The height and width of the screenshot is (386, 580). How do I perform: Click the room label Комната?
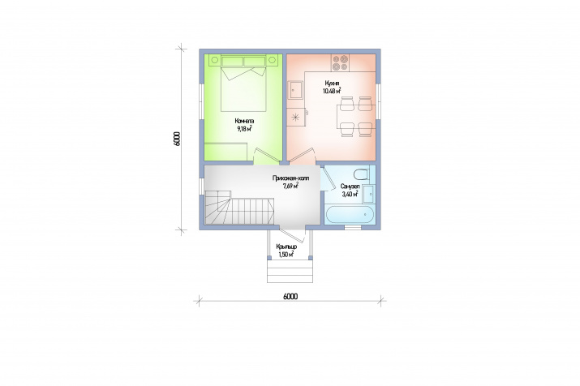pyautogui.click(x=244, y=121)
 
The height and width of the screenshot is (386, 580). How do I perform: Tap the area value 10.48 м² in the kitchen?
pyautogui.click(x=332, y=91)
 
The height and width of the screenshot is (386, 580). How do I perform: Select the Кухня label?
pyautogui.click(x=332, y=84)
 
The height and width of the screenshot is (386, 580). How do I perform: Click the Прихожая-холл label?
pyautogui.click(x=290, y=178)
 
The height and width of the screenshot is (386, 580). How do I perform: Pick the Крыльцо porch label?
pyautogui.click(x=286, y=247)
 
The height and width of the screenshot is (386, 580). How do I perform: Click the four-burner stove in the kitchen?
pyautogui.click(x=341, y=62)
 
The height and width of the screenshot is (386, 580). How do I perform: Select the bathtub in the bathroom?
pyautogui.click(x=350, y=215)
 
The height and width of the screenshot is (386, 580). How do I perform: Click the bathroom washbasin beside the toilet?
pyautogui.click(x=368, y=194)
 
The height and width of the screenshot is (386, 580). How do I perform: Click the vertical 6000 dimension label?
pyautogui.click(x=176, y=139)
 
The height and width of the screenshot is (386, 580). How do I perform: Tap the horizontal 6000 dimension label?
pyautogui.click(x=290, y=296)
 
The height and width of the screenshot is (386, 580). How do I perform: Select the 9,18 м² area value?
pyautogui.click(x=244, y=129)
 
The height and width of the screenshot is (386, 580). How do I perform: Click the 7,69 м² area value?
pyautogui.click(x=290, y=186)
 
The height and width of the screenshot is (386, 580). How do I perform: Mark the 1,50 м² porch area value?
pyautogui.click(x=286, y=255)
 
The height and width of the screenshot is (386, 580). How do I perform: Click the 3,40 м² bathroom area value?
pyautogui.click(x=350, y=194)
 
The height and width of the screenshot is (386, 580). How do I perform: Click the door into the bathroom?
pyautogui.click(x=325, y=178)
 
